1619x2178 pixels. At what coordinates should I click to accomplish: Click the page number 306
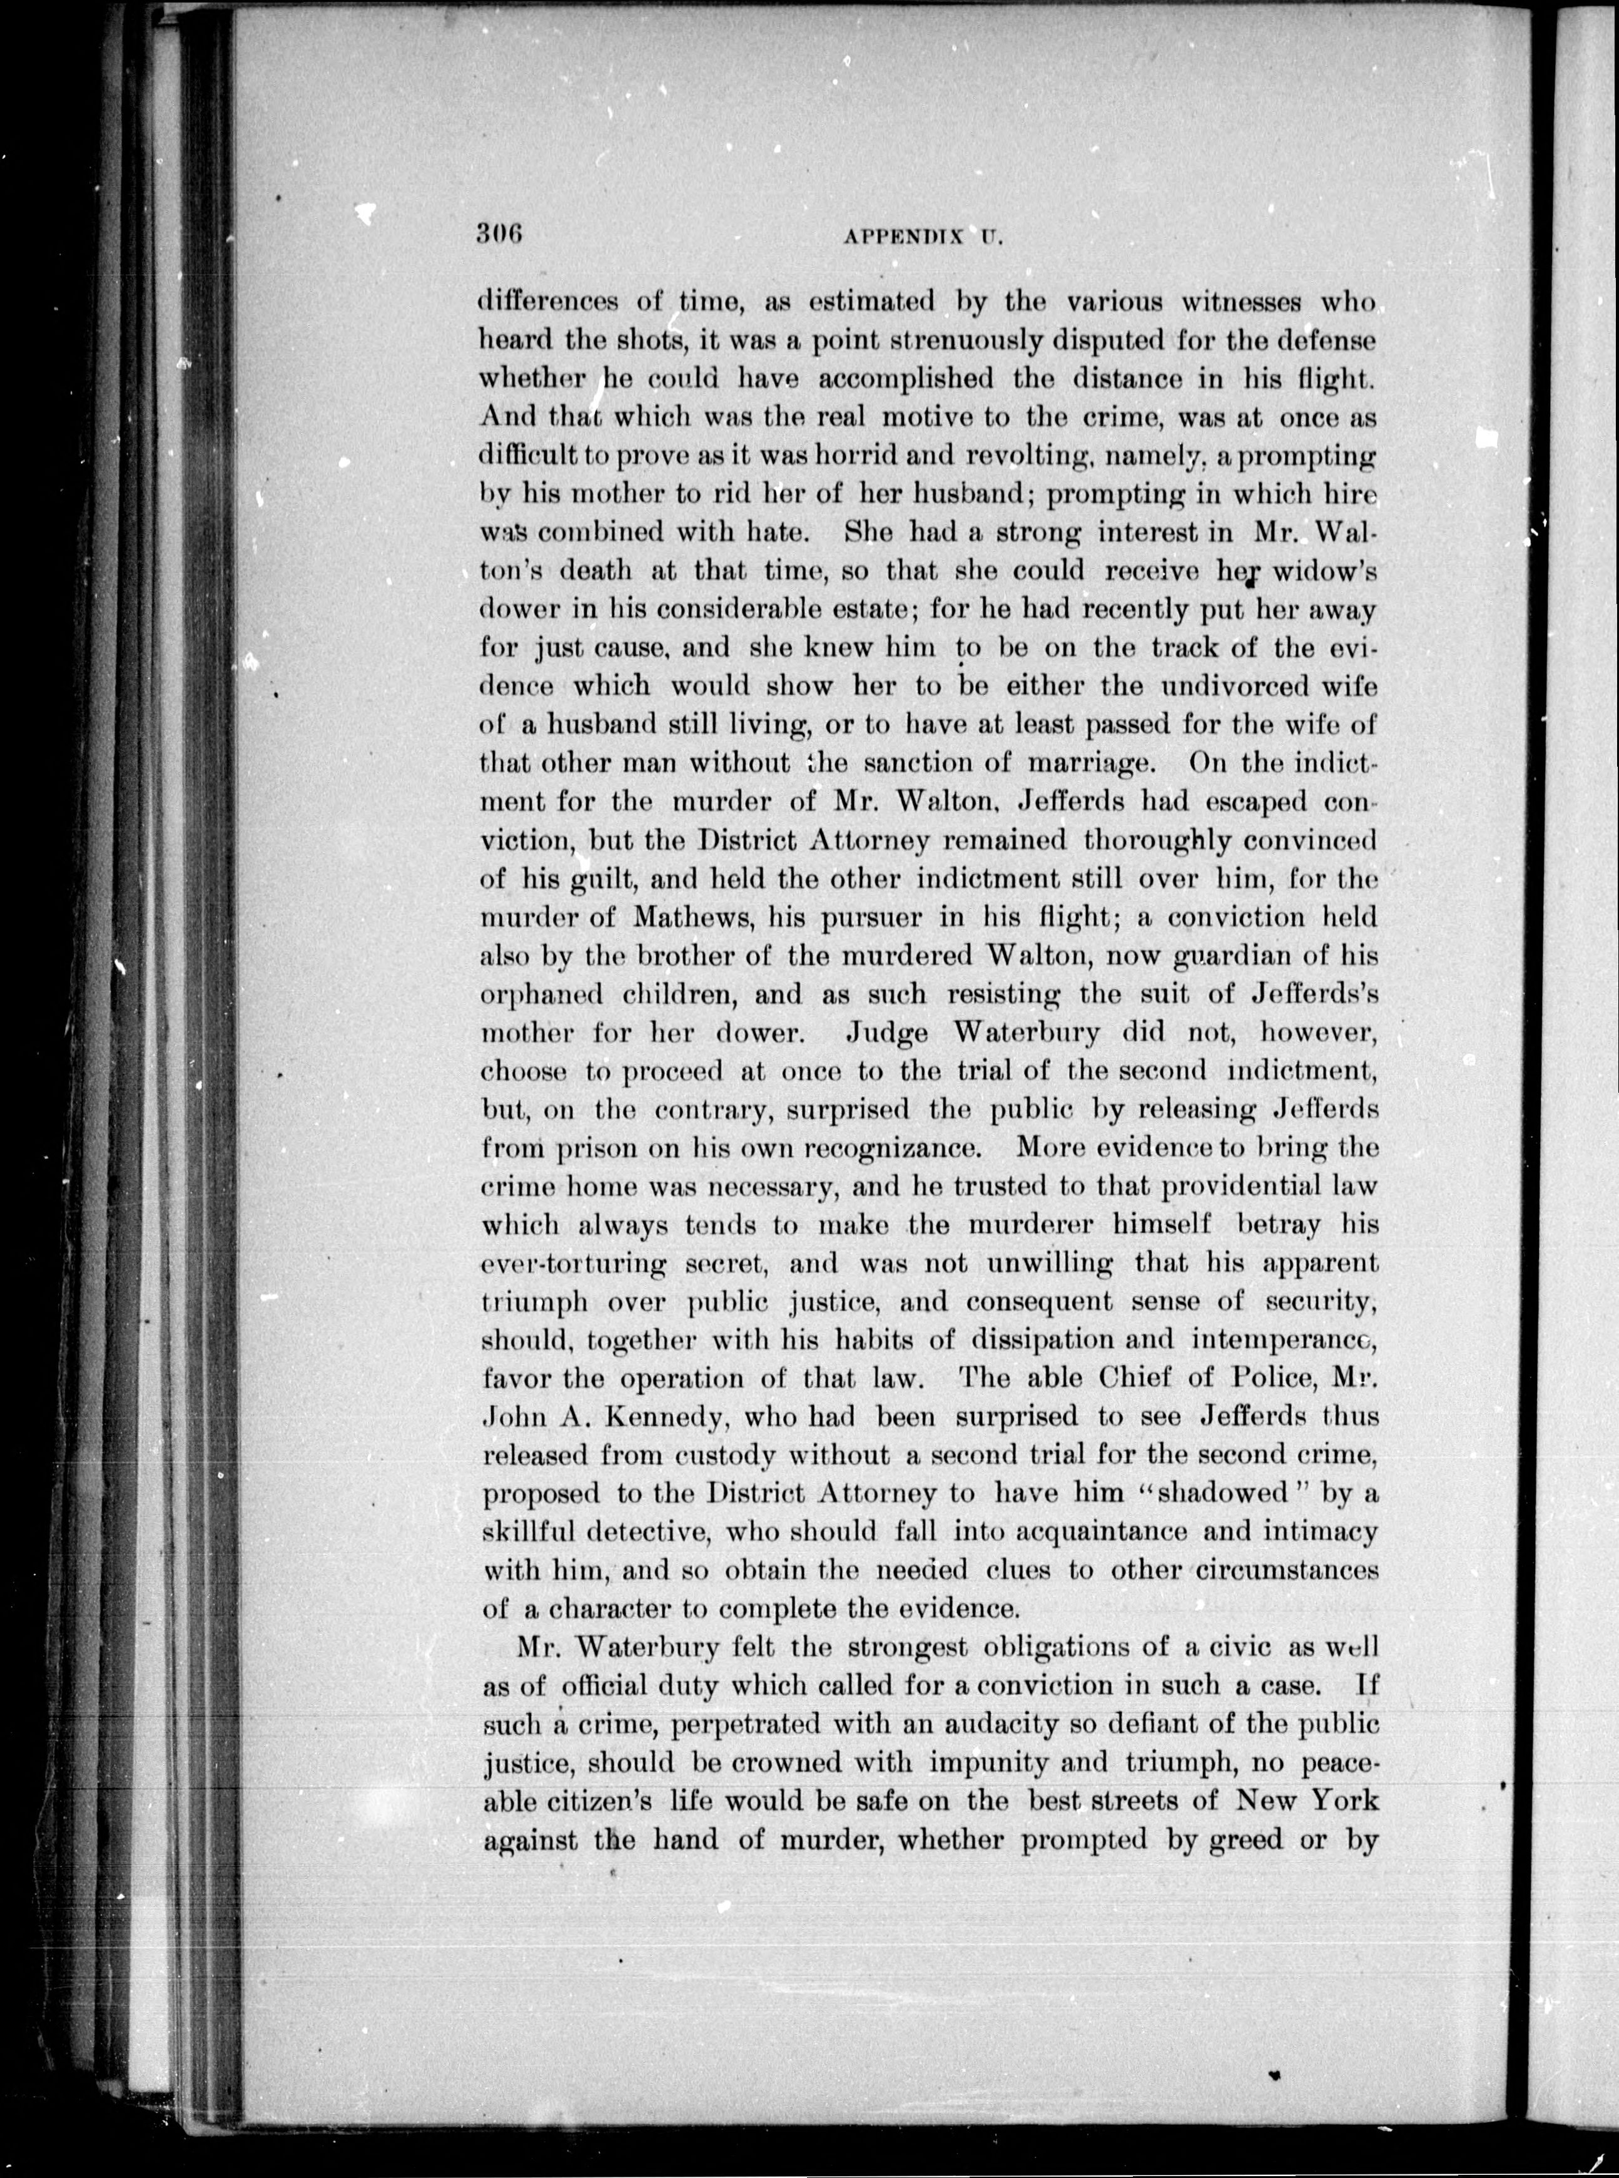click(502, 233)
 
